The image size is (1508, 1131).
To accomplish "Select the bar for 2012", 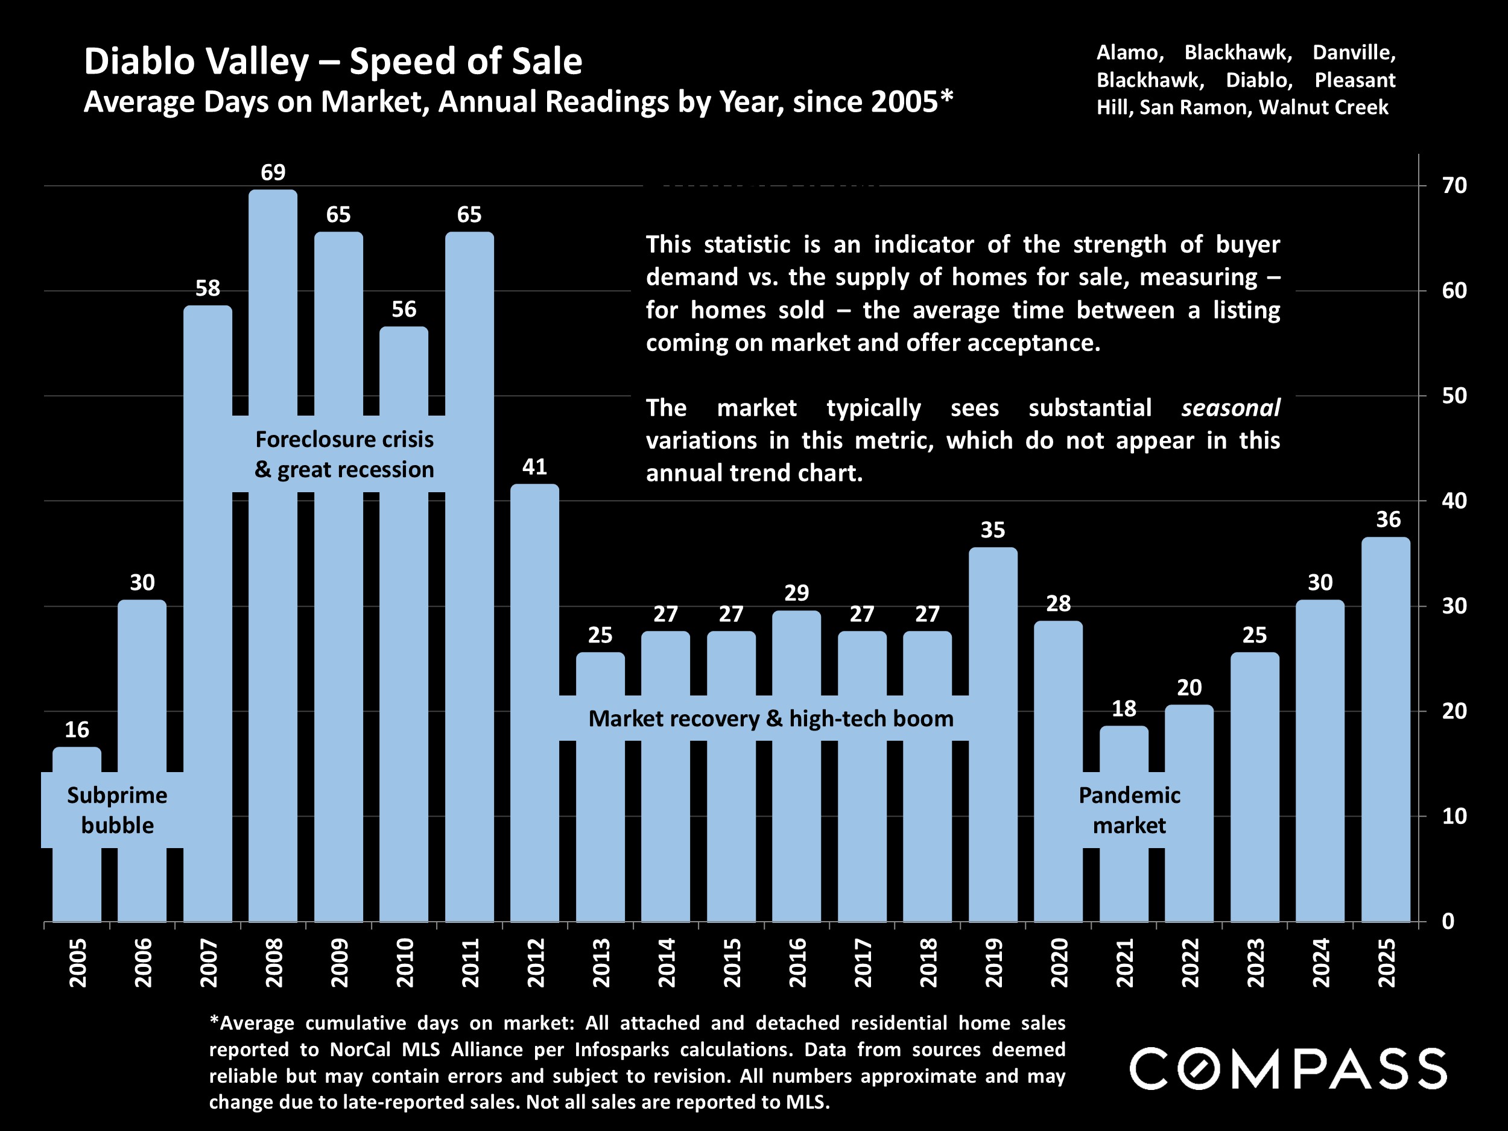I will (534, 613).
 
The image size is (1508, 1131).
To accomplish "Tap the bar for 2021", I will (1124, 886).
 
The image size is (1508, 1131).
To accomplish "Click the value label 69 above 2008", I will (273, 173).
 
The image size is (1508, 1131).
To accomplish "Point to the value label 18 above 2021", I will (1124, 709).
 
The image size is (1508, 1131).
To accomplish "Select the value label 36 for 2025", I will (1388, 519).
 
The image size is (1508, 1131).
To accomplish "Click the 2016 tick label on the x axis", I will (797, 962).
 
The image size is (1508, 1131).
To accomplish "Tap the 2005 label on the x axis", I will (77, 962).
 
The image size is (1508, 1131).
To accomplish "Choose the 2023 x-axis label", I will (1255, 962).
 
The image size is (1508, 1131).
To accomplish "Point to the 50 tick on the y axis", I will (1454, 396).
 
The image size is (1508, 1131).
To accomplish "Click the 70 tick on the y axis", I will (1454, 185).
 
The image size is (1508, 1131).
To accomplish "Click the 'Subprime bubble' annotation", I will (117, 810).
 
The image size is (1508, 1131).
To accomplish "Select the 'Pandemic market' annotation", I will (1129, 810).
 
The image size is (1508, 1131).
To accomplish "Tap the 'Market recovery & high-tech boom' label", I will (770, 718).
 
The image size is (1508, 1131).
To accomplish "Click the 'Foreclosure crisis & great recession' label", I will (344, 454).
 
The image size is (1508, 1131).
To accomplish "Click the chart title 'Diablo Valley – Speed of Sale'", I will (333, 62).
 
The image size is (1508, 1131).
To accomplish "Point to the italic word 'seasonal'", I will (1230, 408).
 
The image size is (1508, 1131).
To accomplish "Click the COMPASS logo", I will (1288, 1069).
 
